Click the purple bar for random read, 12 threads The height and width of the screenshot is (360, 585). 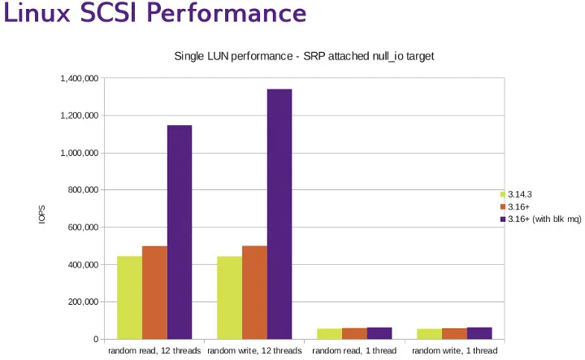click(180, 232)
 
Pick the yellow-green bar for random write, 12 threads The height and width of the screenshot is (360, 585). click(230, 297)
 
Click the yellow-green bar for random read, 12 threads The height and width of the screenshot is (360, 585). click(129, 297)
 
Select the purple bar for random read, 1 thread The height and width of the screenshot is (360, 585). click(379, 333)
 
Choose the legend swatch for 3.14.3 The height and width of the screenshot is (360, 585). click(503, 194)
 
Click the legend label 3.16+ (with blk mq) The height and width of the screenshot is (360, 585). click(541, 219)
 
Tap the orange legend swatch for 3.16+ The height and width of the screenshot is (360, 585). click(503, 207)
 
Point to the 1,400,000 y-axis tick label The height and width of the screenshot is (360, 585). click(80, 79)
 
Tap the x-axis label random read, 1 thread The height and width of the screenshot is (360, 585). click(354, 351)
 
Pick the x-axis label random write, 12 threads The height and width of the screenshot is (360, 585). click(254, 351)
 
